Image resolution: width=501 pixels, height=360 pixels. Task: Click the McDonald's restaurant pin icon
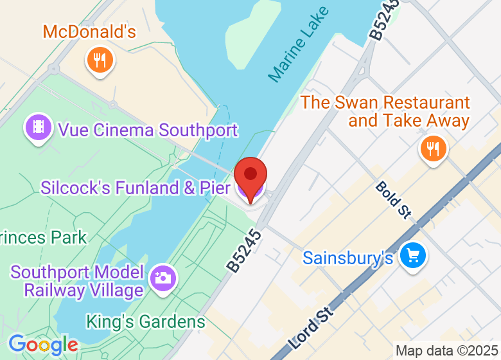tap(100, 61)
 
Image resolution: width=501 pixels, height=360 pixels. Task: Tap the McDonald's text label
tap(89, 32)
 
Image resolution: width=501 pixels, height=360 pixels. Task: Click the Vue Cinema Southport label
tap(148, 130)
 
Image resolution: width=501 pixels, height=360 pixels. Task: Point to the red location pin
tap(251, 176)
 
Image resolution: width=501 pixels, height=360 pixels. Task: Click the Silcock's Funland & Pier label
tap(136, 188)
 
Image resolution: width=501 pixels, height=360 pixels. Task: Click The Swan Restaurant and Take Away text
tap(385, 111)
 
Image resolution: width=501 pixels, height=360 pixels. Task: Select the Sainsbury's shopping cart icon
tap(412, 256)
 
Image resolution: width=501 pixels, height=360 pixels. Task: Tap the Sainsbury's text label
tap(347, 258)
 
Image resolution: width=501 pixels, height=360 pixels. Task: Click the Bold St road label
tap(393, 200)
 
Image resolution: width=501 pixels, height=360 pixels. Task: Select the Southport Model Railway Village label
tap(77, 281)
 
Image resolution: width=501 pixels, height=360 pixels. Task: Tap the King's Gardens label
tap(146, 321)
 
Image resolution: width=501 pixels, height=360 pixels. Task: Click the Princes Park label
tap(42, 237)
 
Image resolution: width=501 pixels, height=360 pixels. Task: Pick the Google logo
tap(42, 345)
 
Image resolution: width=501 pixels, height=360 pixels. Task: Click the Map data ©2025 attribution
tap(446, 351)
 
